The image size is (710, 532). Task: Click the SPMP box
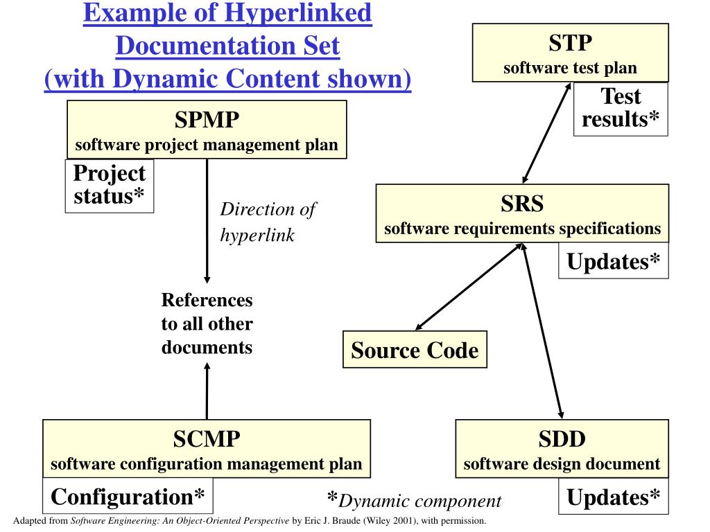pos(207,130)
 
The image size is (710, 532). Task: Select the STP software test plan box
pos(570,53)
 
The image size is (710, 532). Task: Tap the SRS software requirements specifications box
pos(522,213)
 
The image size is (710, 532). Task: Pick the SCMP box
pos(207,448)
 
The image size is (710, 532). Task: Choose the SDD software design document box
pos(562,448)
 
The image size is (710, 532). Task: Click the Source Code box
pos(415,350)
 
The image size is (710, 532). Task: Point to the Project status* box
pos(109,185)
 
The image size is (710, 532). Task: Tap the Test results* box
pos(621,108)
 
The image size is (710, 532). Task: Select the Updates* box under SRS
pos(614,261)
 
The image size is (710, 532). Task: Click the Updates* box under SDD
pos(614,497)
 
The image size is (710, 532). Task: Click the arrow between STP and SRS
pos(546,133)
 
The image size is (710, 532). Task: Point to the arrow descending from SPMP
pos(207,222)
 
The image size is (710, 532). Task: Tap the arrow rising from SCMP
pos(207,391)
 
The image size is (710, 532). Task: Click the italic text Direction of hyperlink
pos(267,222)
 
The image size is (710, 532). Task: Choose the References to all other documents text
pos(207,323)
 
